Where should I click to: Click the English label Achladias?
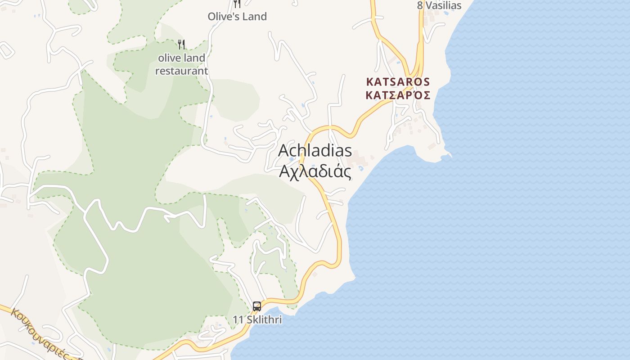coord(315,150)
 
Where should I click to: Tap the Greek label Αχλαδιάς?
coord(315,171)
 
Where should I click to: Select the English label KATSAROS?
coord(398,82)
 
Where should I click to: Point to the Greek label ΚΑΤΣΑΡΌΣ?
coord(398,95)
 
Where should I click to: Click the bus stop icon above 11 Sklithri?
coord(257,306)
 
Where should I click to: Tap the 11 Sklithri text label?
coord(257,320)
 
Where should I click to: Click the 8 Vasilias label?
coord(439,5)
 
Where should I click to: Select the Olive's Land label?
coord(237,17)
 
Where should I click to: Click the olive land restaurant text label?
coord(182,64)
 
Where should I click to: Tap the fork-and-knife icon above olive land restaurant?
coord(181,44)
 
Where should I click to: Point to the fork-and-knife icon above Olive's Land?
coord(237,3)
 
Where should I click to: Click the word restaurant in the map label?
coord(182,71)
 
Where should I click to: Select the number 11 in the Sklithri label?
coord(238,320)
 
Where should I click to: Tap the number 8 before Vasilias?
coord(420,5)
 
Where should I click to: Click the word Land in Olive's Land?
coord(255,17)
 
